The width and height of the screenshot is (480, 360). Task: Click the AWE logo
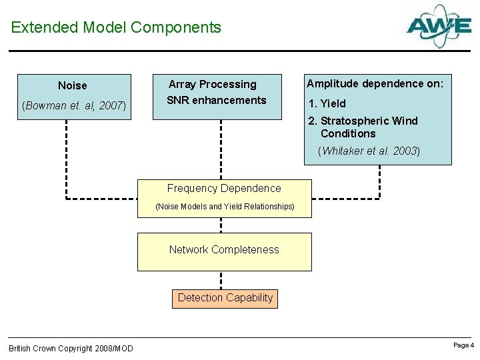[x=439, y=26]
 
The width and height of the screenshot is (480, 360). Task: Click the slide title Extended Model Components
[x=116, y=27]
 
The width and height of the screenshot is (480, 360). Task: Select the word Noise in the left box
[x=72, y=85]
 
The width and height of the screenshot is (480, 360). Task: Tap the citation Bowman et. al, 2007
[x=74, y=105]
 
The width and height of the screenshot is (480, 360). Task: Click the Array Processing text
[x=212, y=84]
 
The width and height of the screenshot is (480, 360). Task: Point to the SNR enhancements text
[x=216, y=100]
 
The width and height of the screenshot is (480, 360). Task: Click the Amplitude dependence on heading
[x=375, y=83]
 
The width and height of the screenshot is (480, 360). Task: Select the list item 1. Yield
[x=327, y=103]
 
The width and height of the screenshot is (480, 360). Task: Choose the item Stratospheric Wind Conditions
[x=363, y=127]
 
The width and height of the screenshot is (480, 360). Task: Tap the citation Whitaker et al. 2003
[x=369, y=151]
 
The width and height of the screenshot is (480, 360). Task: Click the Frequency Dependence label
[x=224, y=189]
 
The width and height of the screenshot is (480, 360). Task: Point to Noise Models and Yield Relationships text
[x=225, y=207]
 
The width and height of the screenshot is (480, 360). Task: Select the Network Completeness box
[x=224, y=251]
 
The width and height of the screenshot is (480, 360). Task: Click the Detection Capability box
[x=225, y=298]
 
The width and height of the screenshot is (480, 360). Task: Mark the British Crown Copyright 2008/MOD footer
[x=71, y=349]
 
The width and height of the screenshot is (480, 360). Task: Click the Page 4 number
[x=463, y=345]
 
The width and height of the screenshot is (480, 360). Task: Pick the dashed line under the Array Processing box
[x=221, y=149]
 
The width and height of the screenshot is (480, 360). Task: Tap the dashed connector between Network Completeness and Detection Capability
[x=221, y=279]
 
